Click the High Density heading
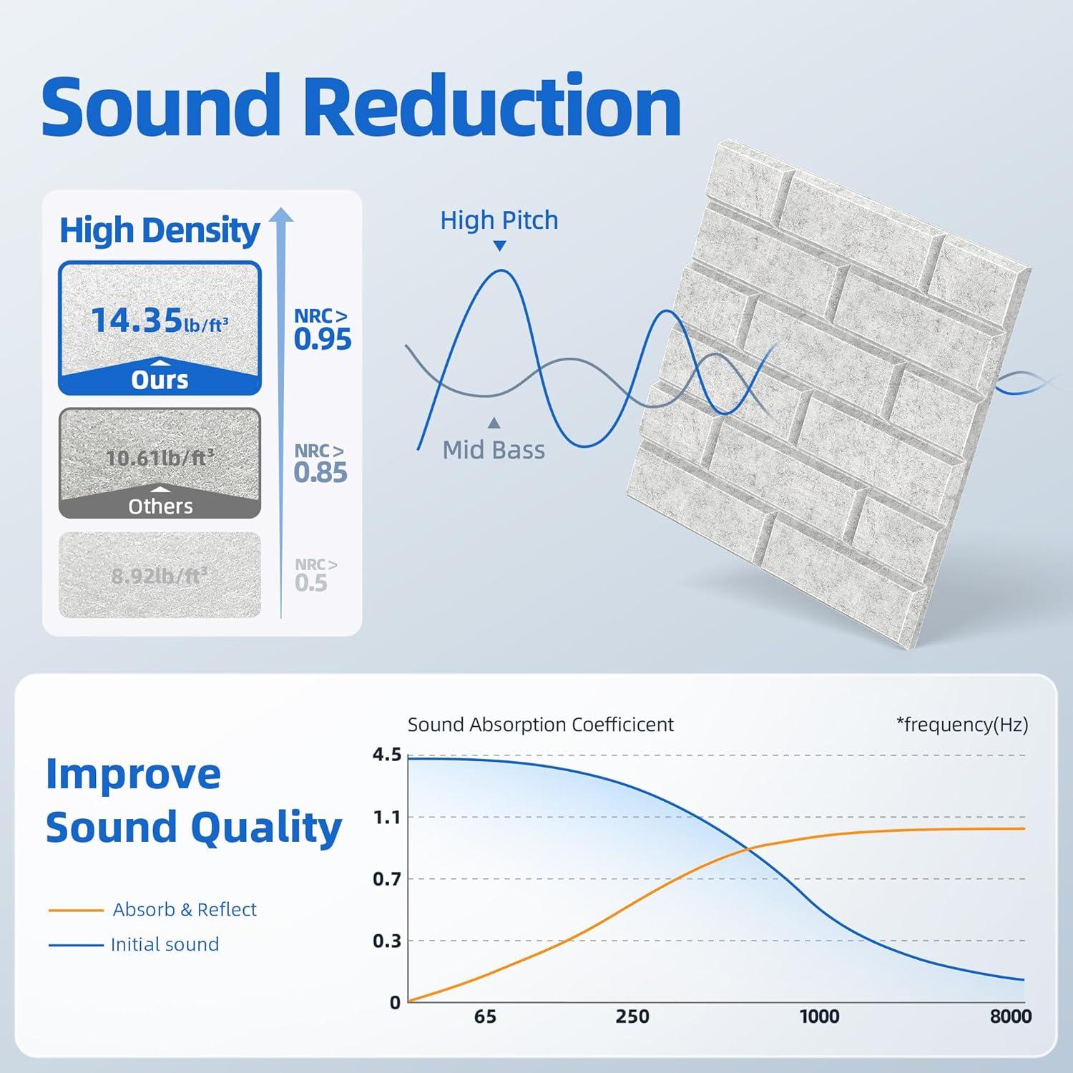tap(160, 230)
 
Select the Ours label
tap(160, 380)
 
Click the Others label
tap(160, 506)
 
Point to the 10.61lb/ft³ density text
tap(160, 457)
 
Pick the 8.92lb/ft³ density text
tap(160, 575)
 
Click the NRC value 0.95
tap(323, 339)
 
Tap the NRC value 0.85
tap(320, 472)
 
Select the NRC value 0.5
tap(311, 583)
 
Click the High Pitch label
tap(499, 220)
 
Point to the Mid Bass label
tap(494, 450)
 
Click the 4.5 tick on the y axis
tap(387, 755)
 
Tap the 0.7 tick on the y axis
tap(387, 878)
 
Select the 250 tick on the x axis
tap(632, 1016)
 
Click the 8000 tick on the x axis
tap(1011, 1016)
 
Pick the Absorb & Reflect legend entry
tap(185, 909)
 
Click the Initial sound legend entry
tap(165, 944)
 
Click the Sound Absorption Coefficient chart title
tap(541, 725)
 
